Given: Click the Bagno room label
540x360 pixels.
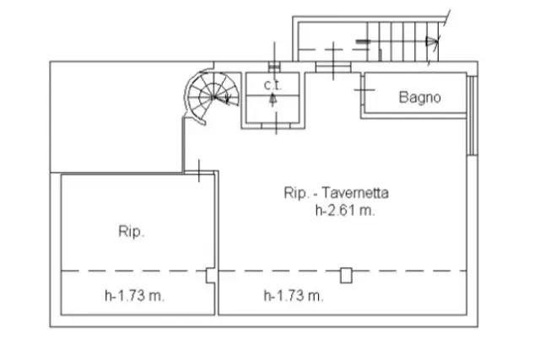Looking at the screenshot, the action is [419, 98].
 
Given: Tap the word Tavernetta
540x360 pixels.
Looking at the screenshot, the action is [355, 193].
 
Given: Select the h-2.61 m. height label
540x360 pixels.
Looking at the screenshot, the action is [345, 210].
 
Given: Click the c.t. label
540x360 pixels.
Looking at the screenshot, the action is [273, 85].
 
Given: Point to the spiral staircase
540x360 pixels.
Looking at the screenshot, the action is [211, 97].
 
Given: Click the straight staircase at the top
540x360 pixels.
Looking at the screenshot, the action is [403, 41].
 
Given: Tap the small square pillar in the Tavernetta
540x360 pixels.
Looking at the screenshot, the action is [346, 276].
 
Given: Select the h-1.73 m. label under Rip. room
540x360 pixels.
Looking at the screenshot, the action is [135, 296].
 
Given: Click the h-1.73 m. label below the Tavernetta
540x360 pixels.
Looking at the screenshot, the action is [294, 296].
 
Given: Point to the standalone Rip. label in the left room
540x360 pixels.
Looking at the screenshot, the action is [132, 231].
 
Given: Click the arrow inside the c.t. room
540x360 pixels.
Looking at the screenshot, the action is [273, 99].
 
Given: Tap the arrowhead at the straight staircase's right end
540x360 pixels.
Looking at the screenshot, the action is [432, 41].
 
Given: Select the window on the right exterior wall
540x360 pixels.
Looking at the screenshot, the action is [472, 116].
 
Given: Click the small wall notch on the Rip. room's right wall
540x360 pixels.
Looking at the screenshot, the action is [210, 276].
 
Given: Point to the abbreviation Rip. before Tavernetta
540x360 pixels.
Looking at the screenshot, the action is [296, 193].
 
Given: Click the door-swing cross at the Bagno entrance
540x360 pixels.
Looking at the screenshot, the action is [364, 90].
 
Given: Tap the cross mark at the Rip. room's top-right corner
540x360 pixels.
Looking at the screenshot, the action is [199, 171].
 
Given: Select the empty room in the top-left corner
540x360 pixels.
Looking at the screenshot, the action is [116, 117].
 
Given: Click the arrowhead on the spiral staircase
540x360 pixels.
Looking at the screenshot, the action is [226, 99].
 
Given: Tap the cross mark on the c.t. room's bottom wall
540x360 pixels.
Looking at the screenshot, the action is [276, 123].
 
